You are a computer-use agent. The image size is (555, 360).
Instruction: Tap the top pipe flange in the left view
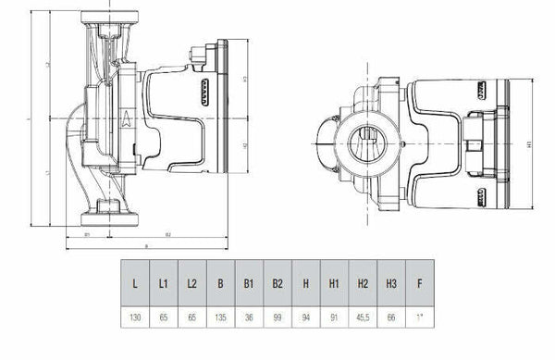point(108,18)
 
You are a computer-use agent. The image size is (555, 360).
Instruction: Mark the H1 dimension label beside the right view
point(528,145)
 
